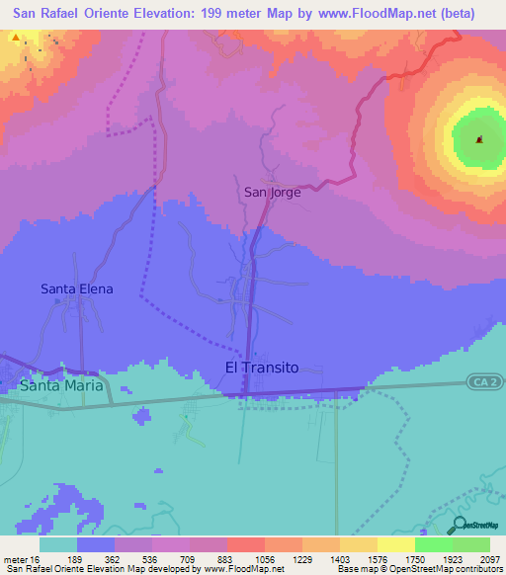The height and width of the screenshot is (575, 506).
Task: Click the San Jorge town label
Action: pyautogui.click(x=272, y=193)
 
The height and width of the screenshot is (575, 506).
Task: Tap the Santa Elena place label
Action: pyautogui.click(x=76, y=289)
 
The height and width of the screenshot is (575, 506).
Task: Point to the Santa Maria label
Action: pyautogui.click(x=61, y=385)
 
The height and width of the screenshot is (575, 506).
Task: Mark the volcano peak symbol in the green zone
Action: pyautogui.click(x=479, y=139)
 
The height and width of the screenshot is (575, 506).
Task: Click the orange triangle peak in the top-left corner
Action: pyautogui.click(x=17, y=38)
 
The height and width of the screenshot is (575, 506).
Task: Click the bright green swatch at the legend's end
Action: pyautogui.click(x=471, y=544)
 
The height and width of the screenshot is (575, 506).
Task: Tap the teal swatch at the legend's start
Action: pyautogui.click(x=58, y=544)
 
